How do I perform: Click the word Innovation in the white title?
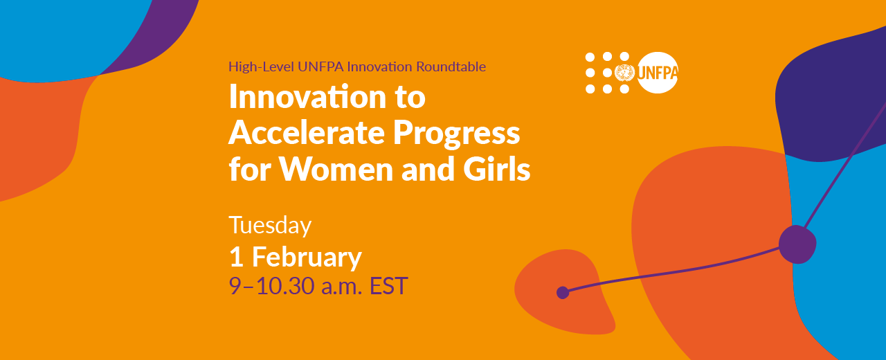tap(307, 96)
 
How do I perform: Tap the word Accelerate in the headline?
tap(307, 132)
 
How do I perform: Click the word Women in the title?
tap(336, 169)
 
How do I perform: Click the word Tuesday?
tap(270, 226)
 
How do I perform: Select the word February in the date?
tap(307, 258)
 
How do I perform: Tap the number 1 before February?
tap(236, 257)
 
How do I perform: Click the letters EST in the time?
tap(388, 286)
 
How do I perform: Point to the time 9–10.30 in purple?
tap(272, 286)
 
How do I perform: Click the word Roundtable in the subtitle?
tap(451, 66)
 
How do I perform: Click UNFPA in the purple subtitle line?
tap(320, 66)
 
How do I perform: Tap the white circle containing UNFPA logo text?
tap(658, 73)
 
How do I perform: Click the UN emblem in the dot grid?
tap(624, 73)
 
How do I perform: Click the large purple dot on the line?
tap(797, 244)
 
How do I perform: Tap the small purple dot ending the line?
tap(563, 293)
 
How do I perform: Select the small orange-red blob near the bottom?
tap(565, 292)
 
